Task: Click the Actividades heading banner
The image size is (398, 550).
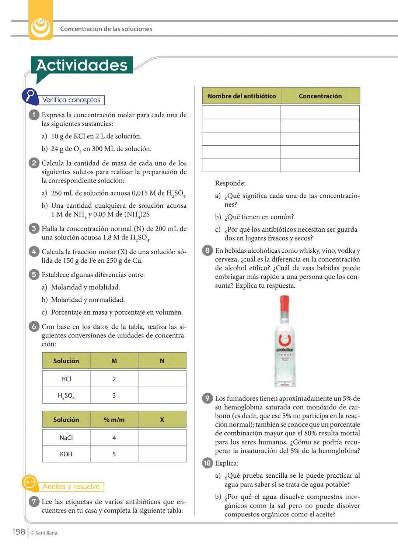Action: [x=82, y=65]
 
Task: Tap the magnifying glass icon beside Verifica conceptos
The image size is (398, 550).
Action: [x=30, y=96]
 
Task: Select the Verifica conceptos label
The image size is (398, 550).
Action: [x=71, y=100]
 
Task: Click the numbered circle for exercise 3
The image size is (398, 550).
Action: [x=34, y=228]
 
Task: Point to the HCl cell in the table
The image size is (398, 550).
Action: [x=66, y=379]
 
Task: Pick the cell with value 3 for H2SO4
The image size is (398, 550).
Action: [x=114, y=395]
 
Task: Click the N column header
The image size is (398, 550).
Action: [x=162, y=361]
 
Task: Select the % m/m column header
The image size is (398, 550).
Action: [x=114, y=419]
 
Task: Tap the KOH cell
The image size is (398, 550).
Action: [x=66, y=454]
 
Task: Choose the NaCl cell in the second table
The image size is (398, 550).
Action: [x=66, y=437]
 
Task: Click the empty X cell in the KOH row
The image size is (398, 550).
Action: [x=162, y=454]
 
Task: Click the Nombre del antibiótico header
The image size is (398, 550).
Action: [x=241, y=96]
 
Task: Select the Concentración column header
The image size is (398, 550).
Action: [x=320, y=96]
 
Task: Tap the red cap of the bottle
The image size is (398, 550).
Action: [x=284, y=303]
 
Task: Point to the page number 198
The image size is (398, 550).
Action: [x=19, y=532]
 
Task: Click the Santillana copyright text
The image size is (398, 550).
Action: [x=44, y=533]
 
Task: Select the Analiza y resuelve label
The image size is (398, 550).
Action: [x=71, y=487]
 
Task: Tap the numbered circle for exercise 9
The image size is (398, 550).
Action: [x=207, y=398]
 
